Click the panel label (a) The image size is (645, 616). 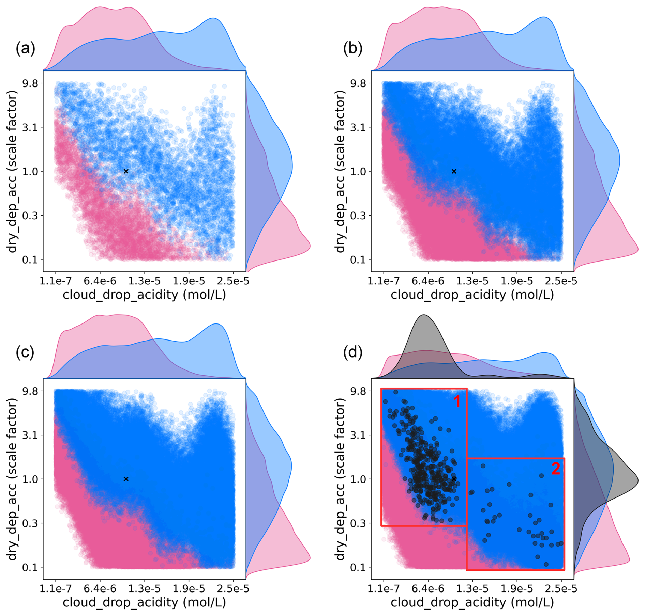[x=25, y=49]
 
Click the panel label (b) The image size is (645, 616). [x=352, y=49]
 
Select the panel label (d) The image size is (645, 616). [x=352, y=352]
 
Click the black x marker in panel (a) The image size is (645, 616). [x=126, y=171]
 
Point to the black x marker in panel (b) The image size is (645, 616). [x=454, y=171]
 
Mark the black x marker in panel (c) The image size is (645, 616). [x=126, y=479]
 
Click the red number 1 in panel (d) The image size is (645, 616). [x=456, y=402]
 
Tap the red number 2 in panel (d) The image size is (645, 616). [x=555, y=469]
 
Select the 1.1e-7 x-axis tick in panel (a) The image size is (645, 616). [x=56, y=281]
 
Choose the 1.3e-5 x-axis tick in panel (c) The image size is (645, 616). [x=145, y=589]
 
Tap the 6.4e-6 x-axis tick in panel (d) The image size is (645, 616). [x=428, y=589]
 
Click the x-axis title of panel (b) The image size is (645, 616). [x=472, y=295]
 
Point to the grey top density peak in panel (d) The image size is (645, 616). [x=424, y=316]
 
